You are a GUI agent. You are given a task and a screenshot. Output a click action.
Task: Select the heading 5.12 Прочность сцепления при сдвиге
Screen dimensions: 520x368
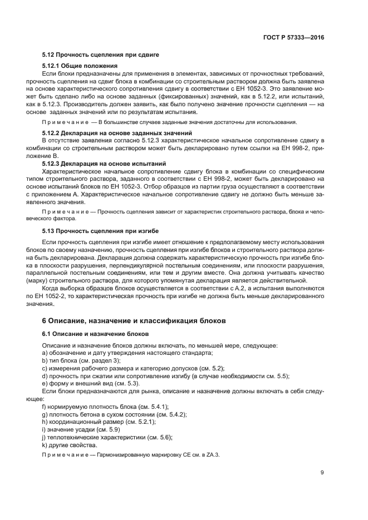click(x=101, y=55)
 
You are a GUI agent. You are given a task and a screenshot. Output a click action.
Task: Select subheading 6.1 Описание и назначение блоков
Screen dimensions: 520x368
click(x=95, y=334)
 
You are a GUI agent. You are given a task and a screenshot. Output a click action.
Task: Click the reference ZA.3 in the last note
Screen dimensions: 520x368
click(x=213, y=454)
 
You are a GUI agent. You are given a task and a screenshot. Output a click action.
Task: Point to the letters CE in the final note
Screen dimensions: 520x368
click(x=185, y=454)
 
